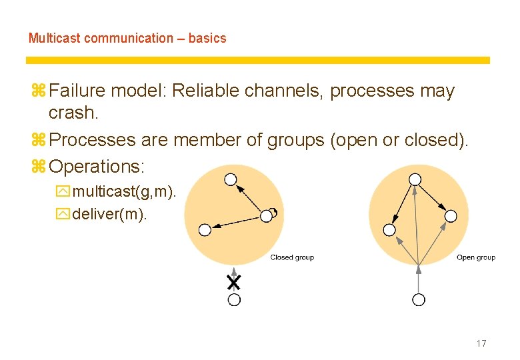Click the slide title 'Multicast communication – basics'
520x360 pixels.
tap(127, 38)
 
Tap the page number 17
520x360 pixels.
tap(481, 343)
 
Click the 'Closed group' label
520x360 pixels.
tap(292, 257)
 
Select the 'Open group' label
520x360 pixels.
tap(476, 257)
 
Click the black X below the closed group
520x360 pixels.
tap(233, 282)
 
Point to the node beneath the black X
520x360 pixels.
tap(234, 300)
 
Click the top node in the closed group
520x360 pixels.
tap(230, 179)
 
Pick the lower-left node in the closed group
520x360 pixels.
tap(205, 230)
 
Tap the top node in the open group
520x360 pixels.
tap(415, 179)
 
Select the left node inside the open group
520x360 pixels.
tap(390, 229)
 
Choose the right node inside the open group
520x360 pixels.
tap(451, 215)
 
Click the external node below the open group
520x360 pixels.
tap(419, 299)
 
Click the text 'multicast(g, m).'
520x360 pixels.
tap(125, 193)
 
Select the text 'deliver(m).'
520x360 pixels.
tap(109, 214)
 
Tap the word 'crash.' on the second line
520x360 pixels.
tap(74, 113)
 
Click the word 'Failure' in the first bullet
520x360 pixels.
tap(78, 91)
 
